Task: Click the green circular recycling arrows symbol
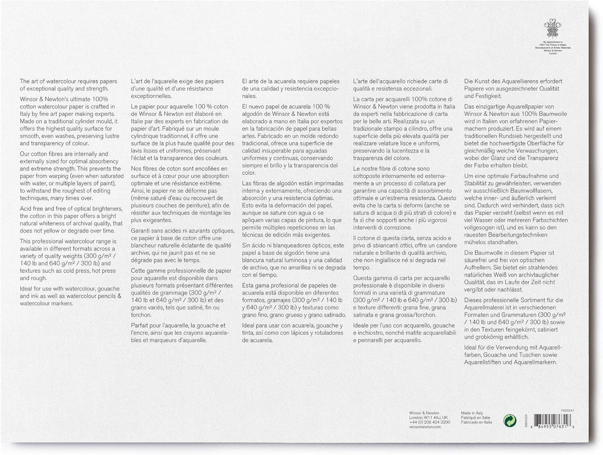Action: click(x=510, y=421)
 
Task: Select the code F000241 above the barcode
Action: click(x=568, y=410)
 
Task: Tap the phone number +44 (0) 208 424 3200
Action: click(x=429, y=422)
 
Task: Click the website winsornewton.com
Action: click(x=425, y=427)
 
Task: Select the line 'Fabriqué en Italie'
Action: click(x=476, y=418)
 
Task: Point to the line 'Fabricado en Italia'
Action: click(x=476, y=422)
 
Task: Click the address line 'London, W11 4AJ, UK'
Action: click(x=428, y=418)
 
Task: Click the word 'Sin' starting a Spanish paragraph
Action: click(x=247, y=245)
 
